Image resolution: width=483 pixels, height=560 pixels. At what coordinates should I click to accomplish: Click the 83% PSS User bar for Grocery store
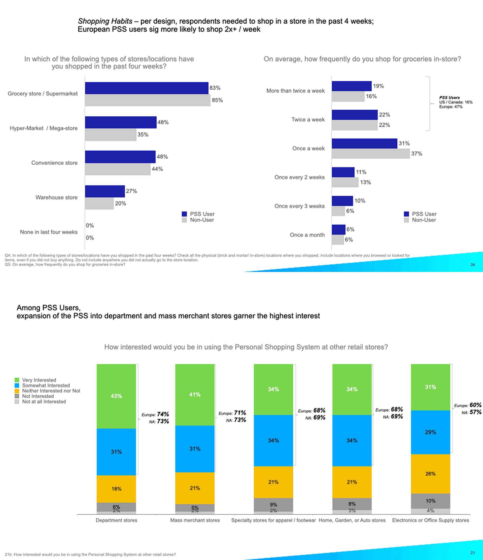point(147,88)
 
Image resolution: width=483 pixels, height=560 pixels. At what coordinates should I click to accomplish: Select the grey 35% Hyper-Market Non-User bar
point(111,135)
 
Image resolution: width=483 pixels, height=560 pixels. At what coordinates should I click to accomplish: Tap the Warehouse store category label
point(56,198)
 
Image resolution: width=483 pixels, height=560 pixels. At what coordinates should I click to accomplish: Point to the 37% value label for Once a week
point(417,154)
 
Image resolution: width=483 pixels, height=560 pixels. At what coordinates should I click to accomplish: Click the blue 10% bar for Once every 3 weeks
point(342,201)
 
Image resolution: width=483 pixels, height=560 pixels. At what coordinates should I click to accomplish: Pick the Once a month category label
point(307,235)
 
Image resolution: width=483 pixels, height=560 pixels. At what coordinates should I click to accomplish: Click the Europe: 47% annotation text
point(451,107)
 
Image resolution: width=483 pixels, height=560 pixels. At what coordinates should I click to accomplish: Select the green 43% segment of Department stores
point(116,396)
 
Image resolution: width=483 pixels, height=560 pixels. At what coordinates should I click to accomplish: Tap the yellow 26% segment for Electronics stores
point(430,474)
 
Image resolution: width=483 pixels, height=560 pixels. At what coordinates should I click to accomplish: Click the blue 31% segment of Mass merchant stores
point(195,449)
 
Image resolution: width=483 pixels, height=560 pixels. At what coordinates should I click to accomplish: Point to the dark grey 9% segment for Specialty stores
point(273,504)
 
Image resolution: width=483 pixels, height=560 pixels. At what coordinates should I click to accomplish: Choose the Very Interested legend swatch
point(17,380)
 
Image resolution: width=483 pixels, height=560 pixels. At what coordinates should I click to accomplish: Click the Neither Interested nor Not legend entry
point(51,391)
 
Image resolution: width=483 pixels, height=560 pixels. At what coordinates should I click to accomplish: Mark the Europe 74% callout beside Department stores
point(155,414)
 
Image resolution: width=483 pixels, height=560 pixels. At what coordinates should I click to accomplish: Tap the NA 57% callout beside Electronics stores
point(471,412)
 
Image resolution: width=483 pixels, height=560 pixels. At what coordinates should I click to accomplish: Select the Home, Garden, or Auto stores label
point(352,520)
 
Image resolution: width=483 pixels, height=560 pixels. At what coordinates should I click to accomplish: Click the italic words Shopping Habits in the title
point(105,21)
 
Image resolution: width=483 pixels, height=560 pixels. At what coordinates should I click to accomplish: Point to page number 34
point(472,265)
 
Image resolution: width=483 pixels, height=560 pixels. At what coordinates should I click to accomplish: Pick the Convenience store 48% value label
point(162,157)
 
